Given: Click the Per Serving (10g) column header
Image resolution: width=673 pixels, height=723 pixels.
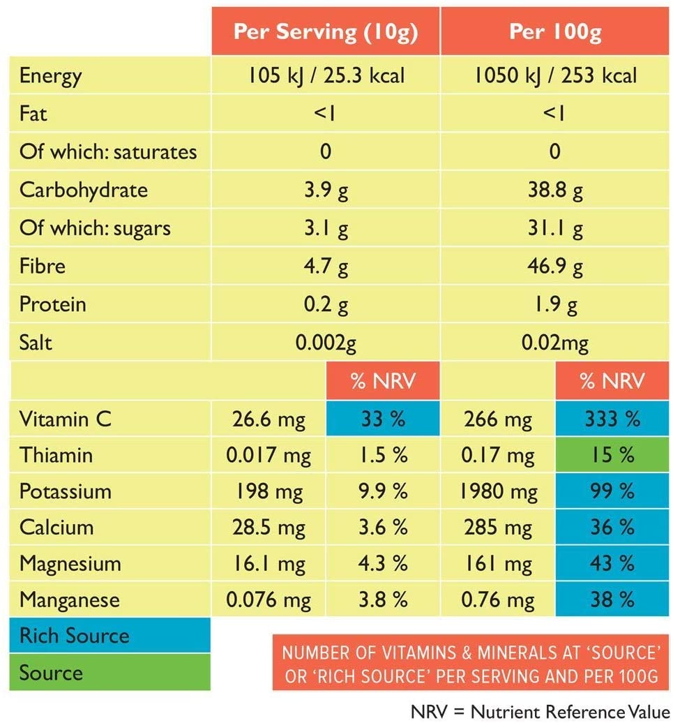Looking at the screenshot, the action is click(326, 31).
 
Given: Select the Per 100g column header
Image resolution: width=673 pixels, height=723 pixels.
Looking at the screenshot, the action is click(555, 31).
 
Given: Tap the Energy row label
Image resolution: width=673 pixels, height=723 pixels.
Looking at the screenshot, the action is click(51, 76).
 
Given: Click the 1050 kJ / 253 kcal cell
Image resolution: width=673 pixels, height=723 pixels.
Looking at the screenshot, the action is click(555, 75).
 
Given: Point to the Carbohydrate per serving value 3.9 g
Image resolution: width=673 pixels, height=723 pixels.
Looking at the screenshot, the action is click(326, 190).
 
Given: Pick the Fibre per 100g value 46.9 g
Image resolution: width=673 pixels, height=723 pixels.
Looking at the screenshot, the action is click(555, 266).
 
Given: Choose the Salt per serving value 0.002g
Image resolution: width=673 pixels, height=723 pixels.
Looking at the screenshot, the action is click(326, 343).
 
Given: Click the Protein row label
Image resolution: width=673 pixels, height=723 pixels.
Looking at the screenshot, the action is click(52, 304).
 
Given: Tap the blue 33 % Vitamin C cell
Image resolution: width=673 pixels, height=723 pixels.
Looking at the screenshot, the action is click(383, 418).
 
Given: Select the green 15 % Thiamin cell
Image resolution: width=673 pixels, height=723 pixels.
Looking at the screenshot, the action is click(612, 454).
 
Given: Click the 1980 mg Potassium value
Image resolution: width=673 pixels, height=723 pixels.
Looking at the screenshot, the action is click(499, 491).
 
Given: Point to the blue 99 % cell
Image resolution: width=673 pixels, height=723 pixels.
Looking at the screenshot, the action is click(612, 491).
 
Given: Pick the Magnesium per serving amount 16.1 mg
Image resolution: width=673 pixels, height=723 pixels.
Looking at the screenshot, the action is click(269, 564).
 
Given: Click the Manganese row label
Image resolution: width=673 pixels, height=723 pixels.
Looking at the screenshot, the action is click(70, 600).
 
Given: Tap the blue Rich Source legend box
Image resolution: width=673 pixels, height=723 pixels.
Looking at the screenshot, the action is click(109, 635).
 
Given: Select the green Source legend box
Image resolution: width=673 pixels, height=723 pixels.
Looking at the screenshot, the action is click(109, 672).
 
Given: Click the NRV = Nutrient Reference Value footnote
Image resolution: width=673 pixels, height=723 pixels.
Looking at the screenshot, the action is click(540, 711).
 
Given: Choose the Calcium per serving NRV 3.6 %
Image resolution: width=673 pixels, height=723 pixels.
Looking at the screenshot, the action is click(383, 528).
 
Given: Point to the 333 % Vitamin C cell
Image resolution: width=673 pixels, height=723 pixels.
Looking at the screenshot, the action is click(612, 418).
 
